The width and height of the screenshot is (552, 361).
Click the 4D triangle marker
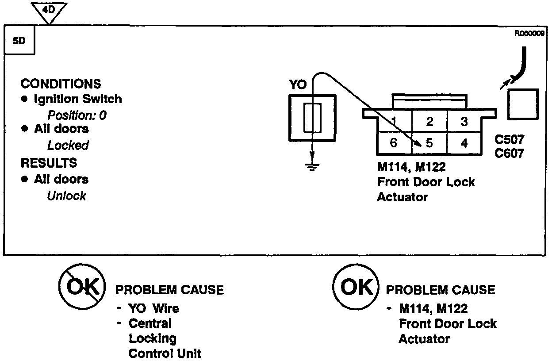pyautogui.click(x=50, y=10)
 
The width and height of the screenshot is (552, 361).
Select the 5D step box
pyautogui.click(x=19, y=41)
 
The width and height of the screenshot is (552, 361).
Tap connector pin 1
pyautogui.click(x=393, y=121)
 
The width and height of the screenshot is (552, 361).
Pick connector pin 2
pyautogui.click(x=429, y=121)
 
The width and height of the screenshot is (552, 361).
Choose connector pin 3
pyautogui.click(x=464, y=121)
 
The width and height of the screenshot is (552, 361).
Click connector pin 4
pyautogui.click(x=464, y=143)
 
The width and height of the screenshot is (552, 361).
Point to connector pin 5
pyautogui.click(x=429, y=143)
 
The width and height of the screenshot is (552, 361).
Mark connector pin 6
pyautogui.click(x=393, y=143)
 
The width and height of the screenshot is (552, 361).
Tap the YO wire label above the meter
pyautogui.click(x=298, y=84)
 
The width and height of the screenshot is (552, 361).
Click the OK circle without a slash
pyautogui.click(x=356, y=288)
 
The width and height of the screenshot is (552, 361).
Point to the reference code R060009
pyautogui.click(x=529, y=32)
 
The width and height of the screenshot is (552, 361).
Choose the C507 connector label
pyautogui.click(x=510, y=140)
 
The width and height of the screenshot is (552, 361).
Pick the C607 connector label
pyautogui.click(x=510, y=154)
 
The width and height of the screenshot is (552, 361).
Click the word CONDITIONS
pyautogui.click(x=61, y=84)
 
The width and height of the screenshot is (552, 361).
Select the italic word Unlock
pyautogui.click(x=66, y=196)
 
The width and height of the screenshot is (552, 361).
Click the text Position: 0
pyautogui.click(x=77, y=115)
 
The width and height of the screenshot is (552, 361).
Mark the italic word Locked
pyautogui.click(x=68, y=145)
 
